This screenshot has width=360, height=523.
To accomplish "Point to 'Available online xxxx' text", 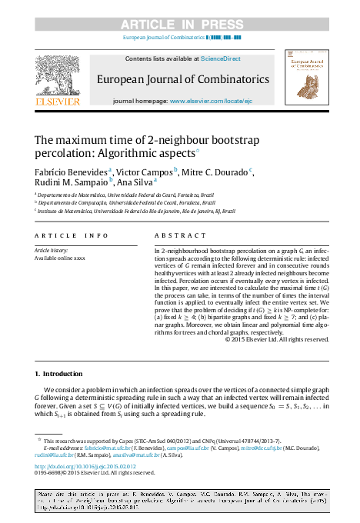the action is click(60, 258).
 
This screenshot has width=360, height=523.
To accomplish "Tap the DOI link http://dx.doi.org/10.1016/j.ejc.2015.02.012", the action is click(85, 466).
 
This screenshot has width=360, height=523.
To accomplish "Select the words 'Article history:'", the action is click(51, 251).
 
